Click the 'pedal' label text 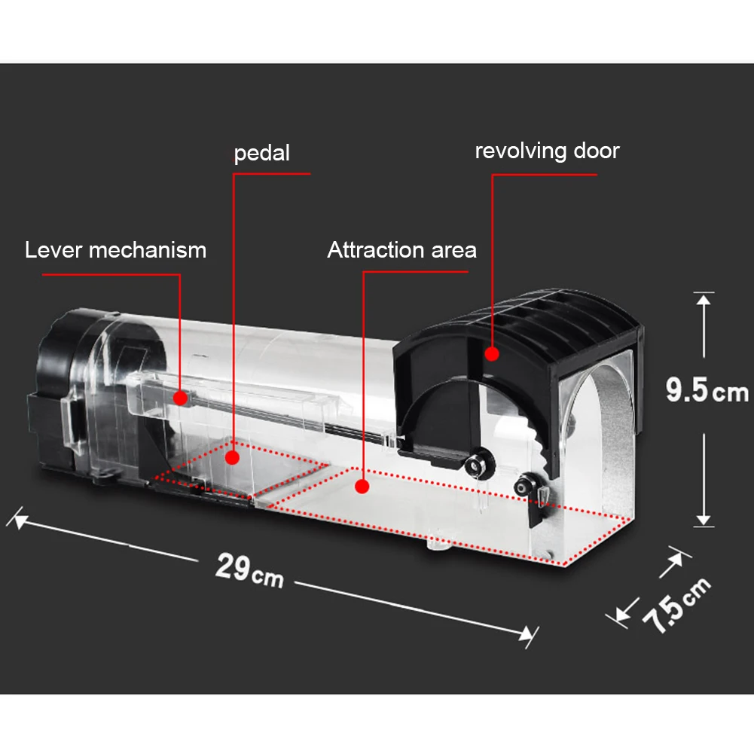[x=261, y=154]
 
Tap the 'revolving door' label [x=547, y=151]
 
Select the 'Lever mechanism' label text [x=115, y=249]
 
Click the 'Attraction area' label [x=401, y=249]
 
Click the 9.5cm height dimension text [x=707, y=391]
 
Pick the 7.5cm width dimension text [x=676, y=603]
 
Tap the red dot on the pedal [x=234, y=456]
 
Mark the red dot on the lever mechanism [x=180, y=396]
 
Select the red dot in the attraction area [x=362, y=487]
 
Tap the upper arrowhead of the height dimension [x=703, y=299]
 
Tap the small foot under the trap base [x=436, y=542]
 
